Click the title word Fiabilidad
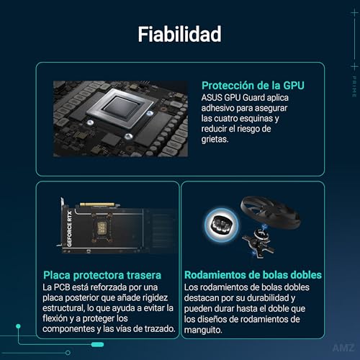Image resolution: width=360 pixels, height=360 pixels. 180,34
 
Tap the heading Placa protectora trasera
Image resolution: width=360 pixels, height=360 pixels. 101,275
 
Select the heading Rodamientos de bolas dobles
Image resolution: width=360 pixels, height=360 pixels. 253,275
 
